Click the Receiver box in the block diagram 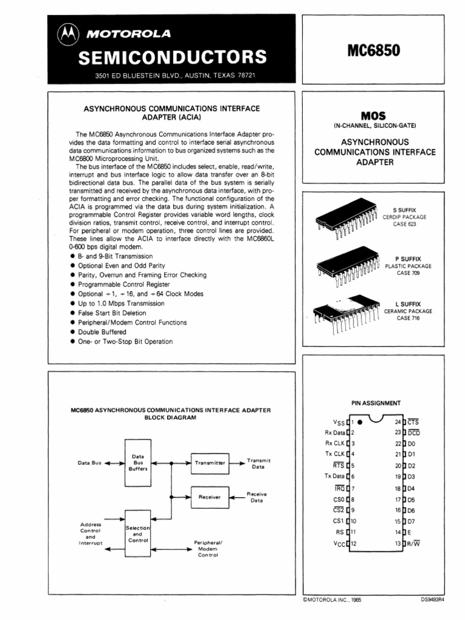tap(210, 497)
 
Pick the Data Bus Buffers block tap(137, 462)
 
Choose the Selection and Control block tap(137, 533)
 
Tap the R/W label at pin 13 tap(415, 543)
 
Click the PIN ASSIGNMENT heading tap(375, 402)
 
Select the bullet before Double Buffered tap(73, 332)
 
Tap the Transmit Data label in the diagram tap(259, 464)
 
